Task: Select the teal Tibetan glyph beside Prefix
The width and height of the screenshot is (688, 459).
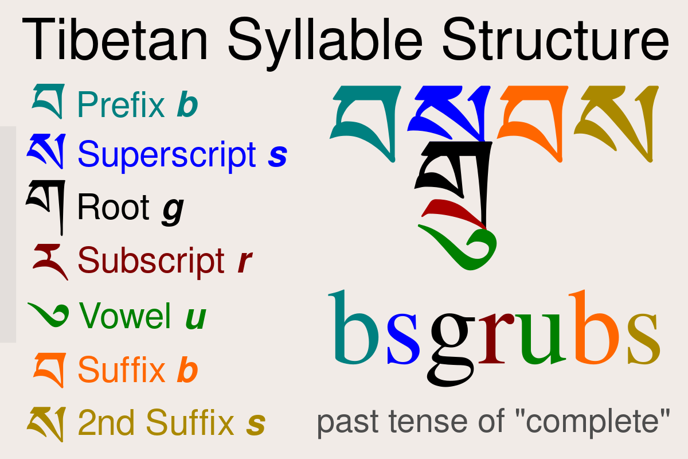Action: coord(48,101)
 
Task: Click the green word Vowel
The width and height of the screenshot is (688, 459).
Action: coord(125,316)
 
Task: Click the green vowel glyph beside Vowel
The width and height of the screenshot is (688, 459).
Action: coord(49,315)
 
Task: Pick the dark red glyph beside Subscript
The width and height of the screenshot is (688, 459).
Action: coord(50,261)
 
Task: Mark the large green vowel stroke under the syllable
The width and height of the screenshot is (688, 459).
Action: coord(464,250)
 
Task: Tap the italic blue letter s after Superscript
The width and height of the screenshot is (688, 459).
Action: coord(277,155)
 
